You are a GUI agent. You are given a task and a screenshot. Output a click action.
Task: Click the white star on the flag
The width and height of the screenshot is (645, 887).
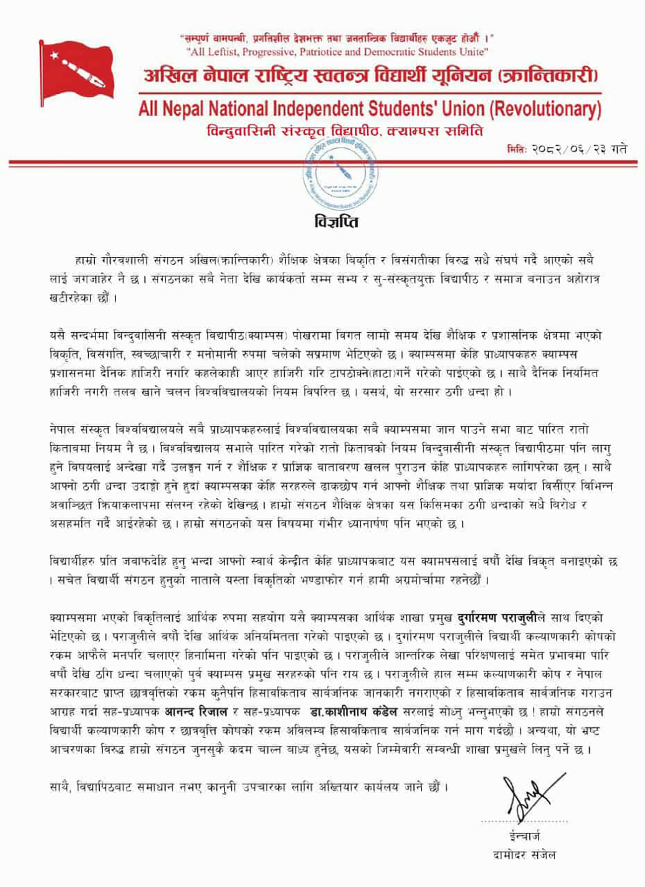54,55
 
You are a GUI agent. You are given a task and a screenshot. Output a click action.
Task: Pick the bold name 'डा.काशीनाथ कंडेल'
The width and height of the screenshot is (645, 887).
353,712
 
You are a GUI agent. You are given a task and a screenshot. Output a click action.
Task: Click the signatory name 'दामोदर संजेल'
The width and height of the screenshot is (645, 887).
524,855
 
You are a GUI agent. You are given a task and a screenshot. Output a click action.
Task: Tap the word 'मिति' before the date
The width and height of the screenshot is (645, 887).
516,149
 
